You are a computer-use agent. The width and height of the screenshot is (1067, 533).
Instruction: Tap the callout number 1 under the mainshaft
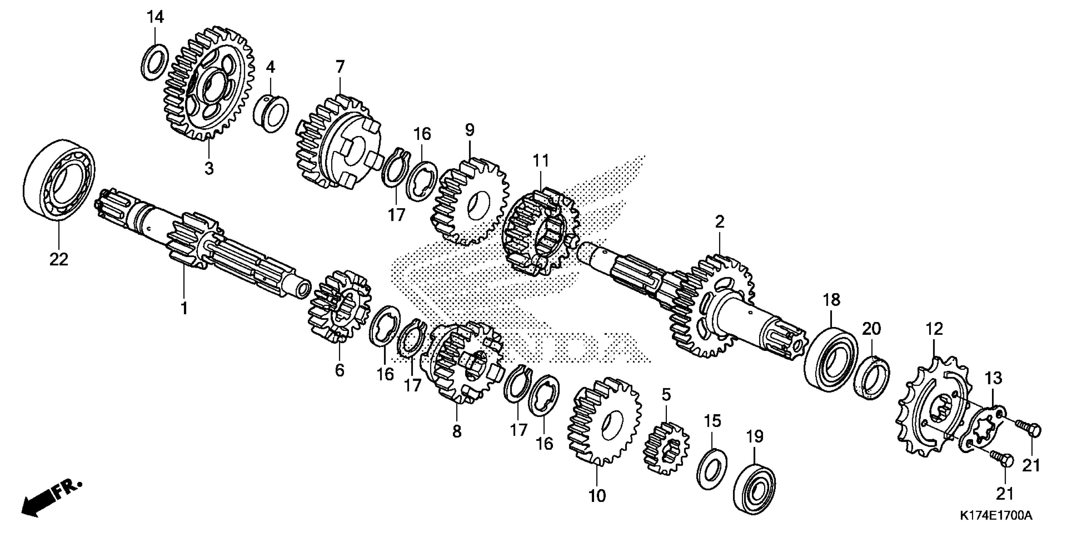[x=184, y=308]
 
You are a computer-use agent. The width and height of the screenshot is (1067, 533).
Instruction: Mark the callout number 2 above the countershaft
[x=720, y=222]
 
